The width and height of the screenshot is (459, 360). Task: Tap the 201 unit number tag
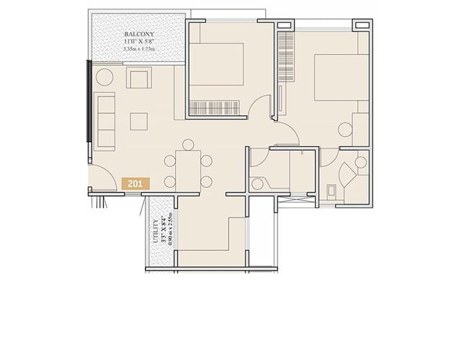coord(134,184)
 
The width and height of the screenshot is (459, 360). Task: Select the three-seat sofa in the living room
coord(105,121)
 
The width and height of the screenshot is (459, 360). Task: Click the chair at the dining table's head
coord(188,144)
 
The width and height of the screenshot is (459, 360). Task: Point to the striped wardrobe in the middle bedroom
coord(217,109)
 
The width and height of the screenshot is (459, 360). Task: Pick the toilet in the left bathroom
coord(258,182)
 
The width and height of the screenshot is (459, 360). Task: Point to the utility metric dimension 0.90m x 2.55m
coord(171,230)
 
